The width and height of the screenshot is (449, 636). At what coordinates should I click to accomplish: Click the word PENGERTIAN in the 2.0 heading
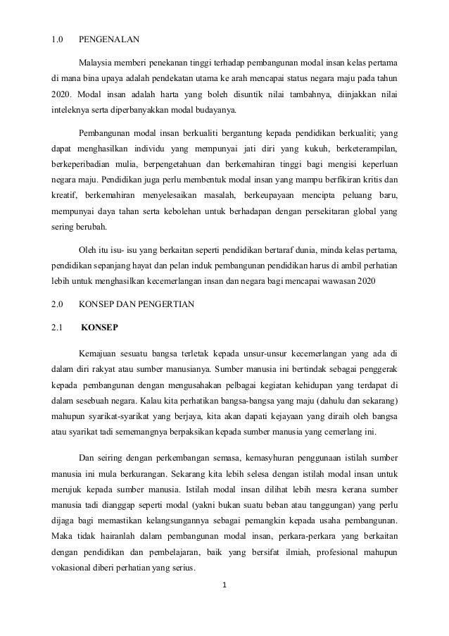(175, 305)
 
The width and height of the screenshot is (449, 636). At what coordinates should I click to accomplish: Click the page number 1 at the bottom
(224, 584)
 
